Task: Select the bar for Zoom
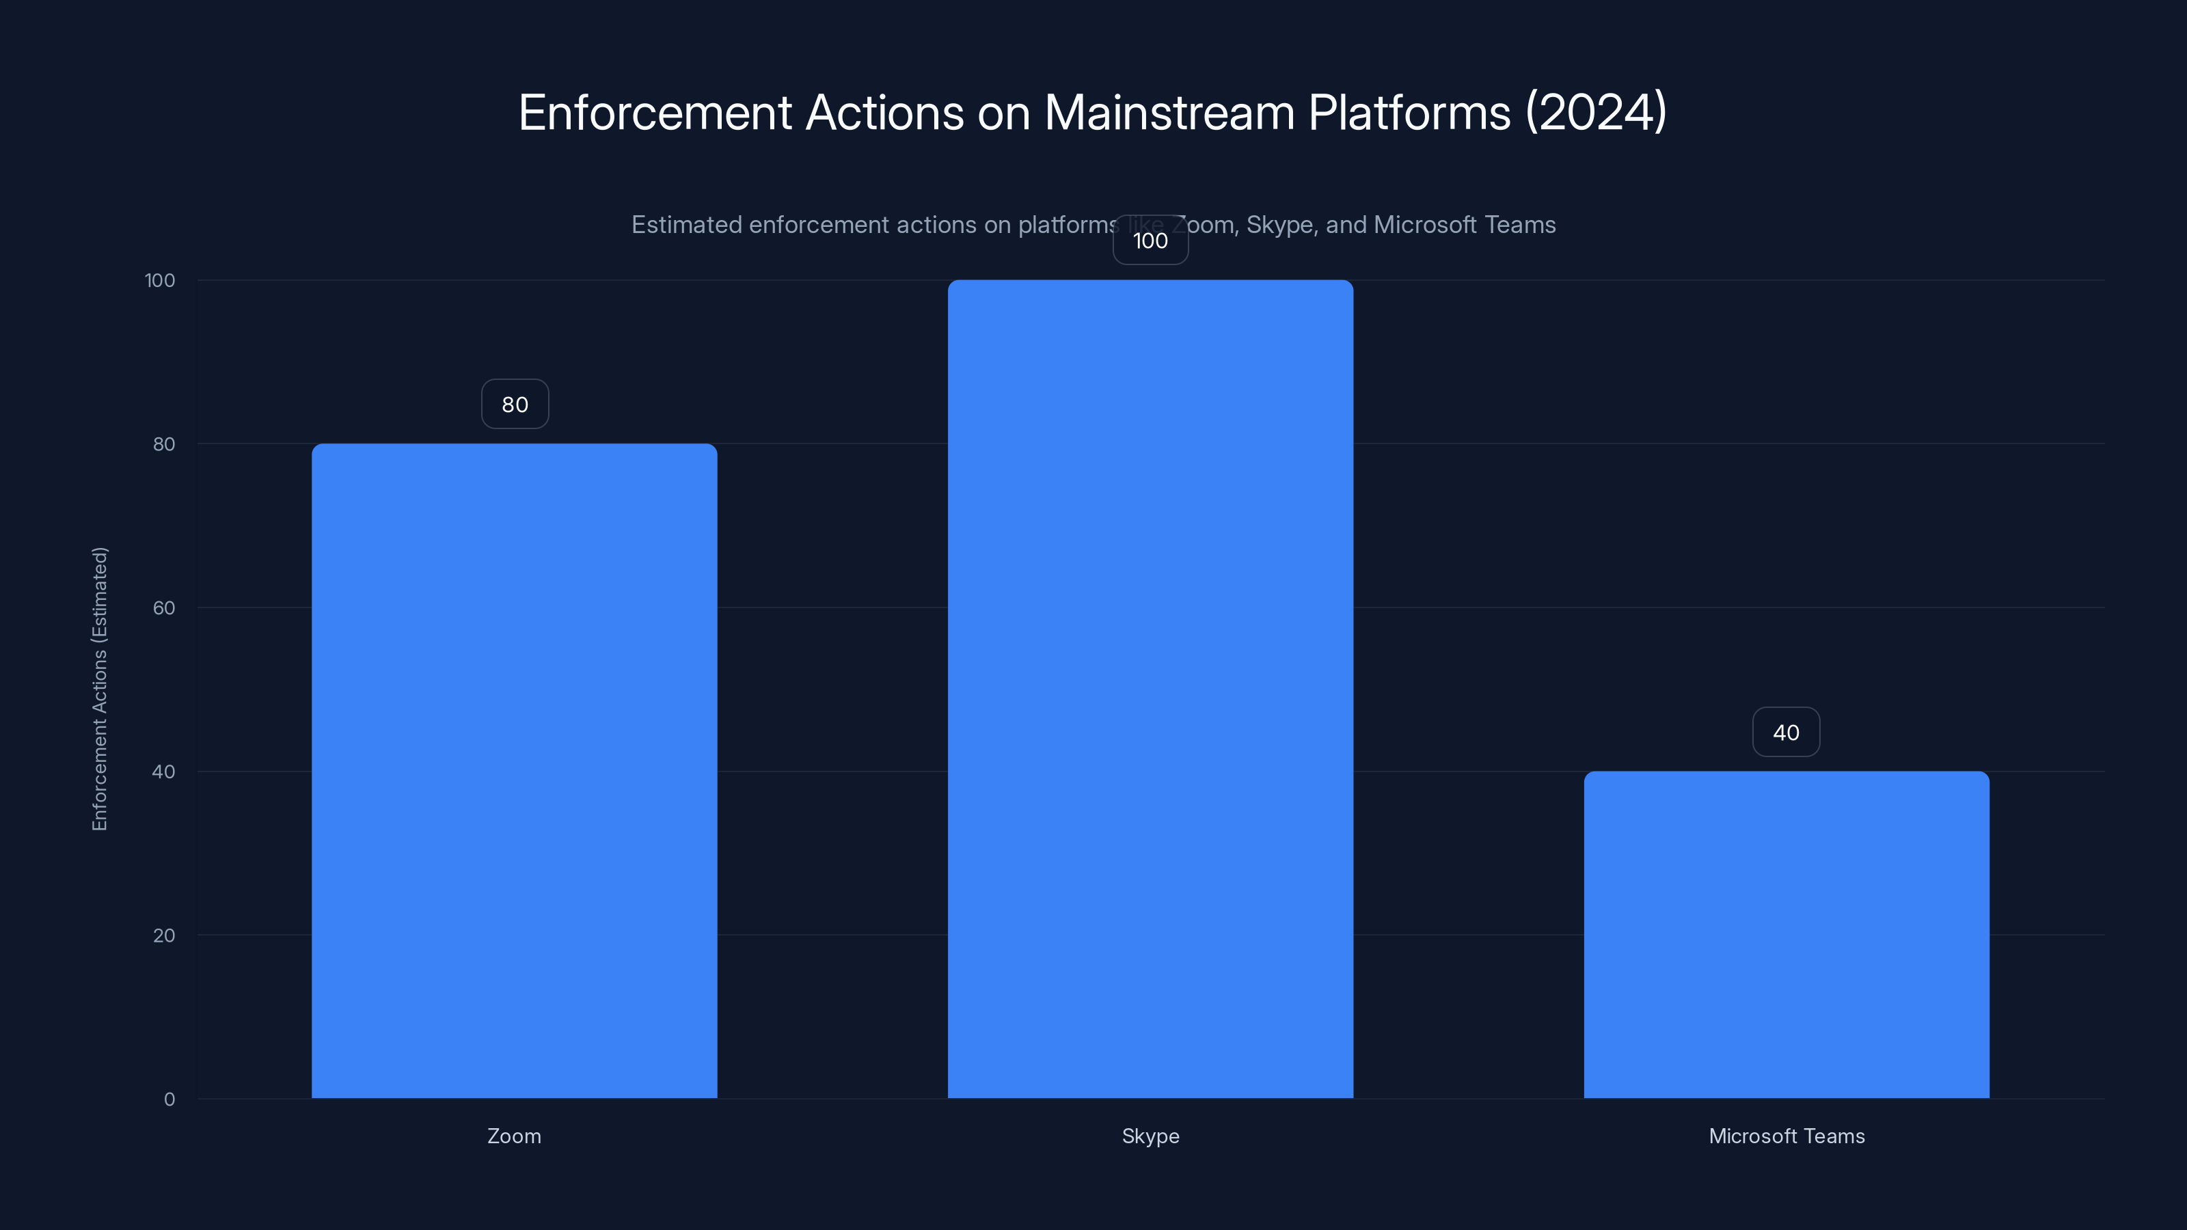[x=514, y=771]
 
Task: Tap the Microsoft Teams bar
[x=1787, y=935]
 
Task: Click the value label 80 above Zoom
[x=515, y=404]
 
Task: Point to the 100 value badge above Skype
[x=1150, y=241]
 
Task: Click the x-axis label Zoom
[x=514, y=1136]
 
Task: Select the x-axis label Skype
[x=1150, y=1136]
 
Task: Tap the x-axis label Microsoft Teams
[x=1787, y=1136]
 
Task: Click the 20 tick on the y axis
[x=164, y=935]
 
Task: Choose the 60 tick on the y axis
[x=164, y=607]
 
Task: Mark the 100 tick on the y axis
[x=160, y=280]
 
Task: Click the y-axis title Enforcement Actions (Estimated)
[x=99, y=688]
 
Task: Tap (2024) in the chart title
[x=1596, y=112]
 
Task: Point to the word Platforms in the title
[x=1409, y=112]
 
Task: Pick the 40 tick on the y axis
[x=164, y=771]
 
